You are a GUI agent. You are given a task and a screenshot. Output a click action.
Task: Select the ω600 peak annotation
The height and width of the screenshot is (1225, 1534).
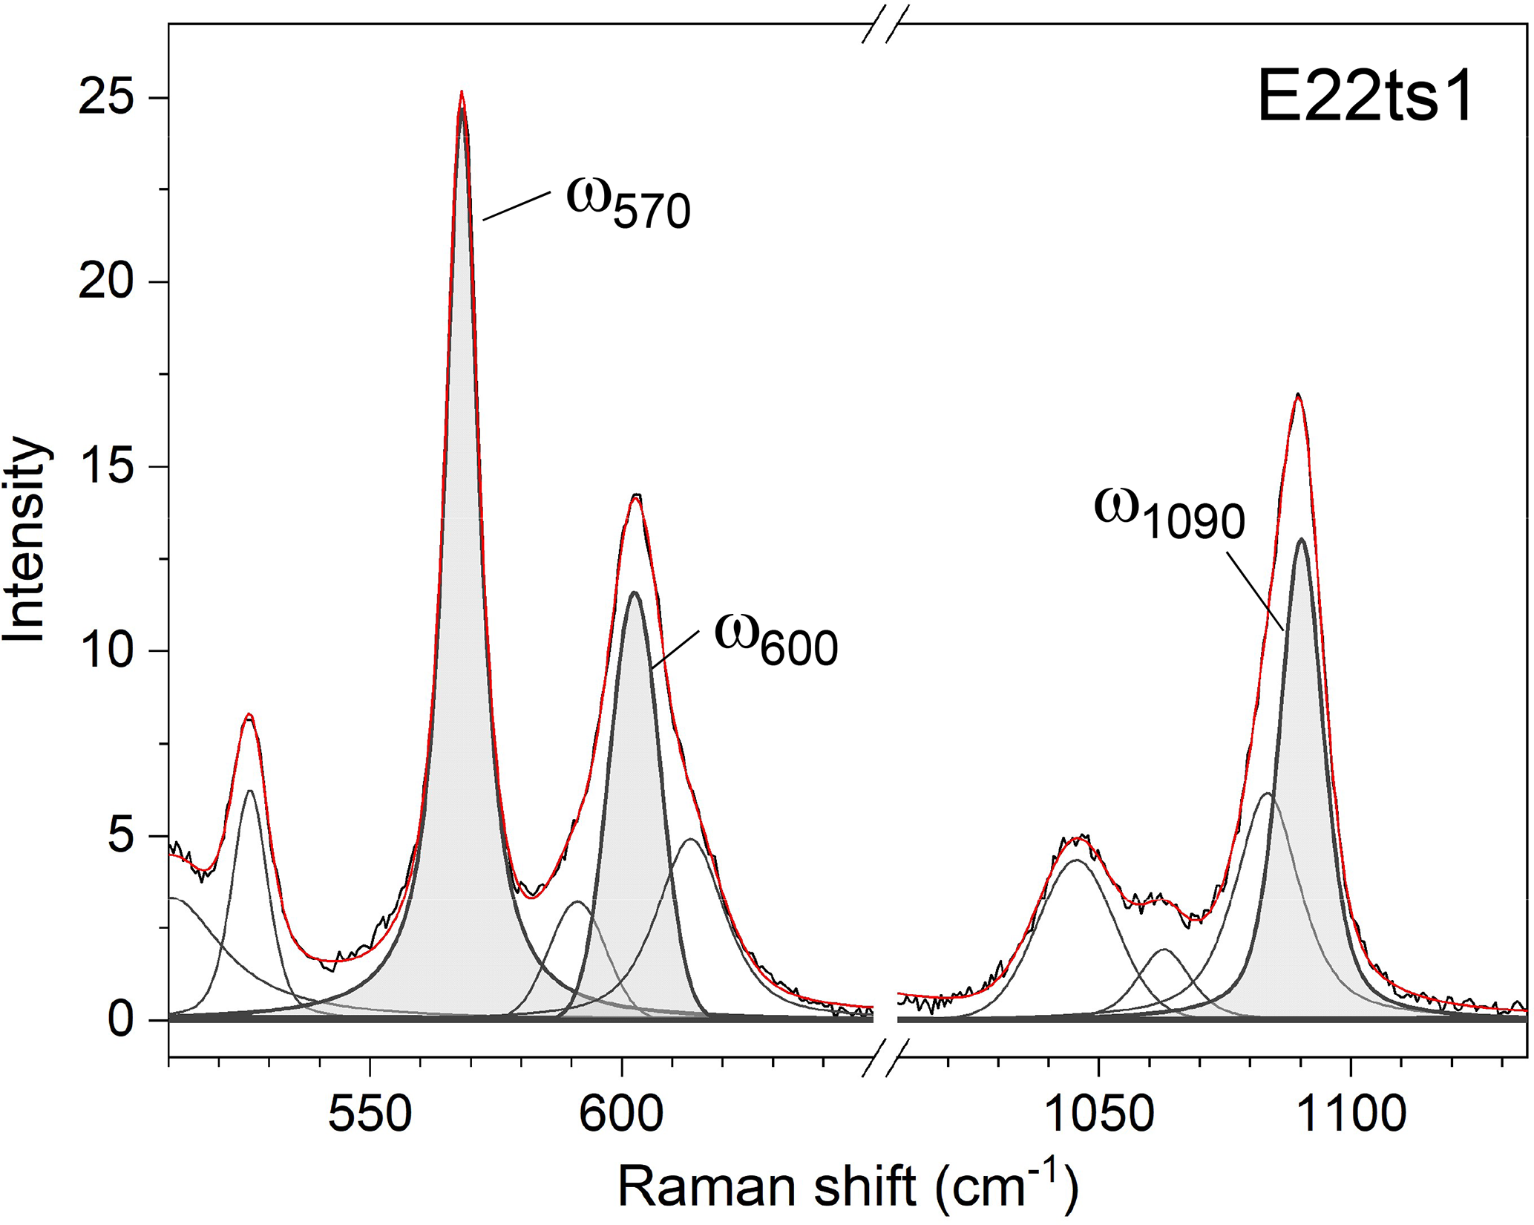776,639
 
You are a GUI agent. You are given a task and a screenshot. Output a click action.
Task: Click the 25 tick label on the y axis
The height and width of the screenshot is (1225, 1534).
112,98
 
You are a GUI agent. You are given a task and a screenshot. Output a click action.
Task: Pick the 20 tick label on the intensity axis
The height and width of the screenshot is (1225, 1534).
112,282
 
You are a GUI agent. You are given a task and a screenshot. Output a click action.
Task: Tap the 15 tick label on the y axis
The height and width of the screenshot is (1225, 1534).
112,467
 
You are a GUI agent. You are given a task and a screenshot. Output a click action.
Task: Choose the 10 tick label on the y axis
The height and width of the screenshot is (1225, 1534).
112,651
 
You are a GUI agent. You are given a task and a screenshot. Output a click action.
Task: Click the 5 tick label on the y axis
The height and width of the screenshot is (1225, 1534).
125,836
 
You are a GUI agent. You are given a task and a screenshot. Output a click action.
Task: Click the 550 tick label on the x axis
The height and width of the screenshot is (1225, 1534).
370,1114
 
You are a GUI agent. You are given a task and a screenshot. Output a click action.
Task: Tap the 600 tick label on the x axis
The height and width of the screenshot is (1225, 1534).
621,1114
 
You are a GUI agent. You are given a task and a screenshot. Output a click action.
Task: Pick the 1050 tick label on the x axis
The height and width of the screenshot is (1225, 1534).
1098,1114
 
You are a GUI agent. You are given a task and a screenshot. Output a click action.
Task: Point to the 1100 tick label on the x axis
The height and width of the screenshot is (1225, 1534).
1350,1114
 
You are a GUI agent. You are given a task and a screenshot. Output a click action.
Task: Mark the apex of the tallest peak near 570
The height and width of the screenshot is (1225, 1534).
462,92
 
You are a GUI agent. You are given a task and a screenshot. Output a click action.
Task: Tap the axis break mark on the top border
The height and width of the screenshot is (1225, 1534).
885,24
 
